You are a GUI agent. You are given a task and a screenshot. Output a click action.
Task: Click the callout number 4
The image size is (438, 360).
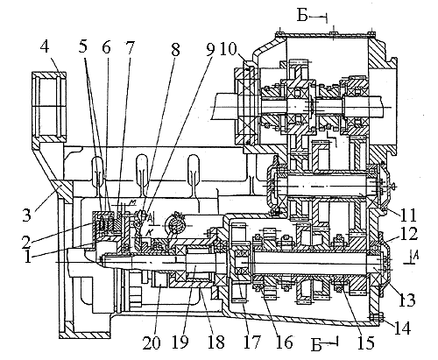44,47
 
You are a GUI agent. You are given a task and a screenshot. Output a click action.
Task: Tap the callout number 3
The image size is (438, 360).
26,215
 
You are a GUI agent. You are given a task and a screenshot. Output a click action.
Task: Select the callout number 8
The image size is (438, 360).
175,50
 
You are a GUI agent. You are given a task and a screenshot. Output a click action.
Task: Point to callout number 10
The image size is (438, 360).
229,49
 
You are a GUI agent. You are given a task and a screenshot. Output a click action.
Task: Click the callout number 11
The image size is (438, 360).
408,215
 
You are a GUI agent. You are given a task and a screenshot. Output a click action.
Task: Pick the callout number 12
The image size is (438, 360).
409,235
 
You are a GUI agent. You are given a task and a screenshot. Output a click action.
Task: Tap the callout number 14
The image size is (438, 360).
402,328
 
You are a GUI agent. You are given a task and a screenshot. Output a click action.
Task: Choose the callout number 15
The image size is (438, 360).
365,342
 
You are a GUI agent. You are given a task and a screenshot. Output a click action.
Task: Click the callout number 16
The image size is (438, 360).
283,342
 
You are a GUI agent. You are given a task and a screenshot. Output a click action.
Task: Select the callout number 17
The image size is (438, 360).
251,342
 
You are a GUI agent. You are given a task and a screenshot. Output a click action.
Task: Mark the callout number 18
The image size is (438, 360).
215,342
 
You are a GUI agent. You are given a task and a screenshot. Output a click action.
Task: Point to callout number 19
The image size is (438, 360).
180,342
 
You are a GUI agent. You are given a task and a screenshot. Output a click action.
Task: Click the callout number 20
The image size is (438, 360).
152,342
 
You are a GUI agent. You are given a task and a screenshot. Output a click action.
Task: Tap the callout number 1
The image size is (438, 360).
28,257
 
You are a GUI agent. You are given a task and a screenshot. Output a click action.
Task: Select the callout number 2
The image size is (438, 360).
26,238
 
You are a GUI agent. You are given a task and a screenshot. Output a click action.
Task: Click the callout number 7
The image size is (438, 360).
130,47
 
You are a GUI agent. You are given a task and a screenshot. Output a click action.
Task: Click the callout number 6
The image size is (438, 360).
106,47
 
